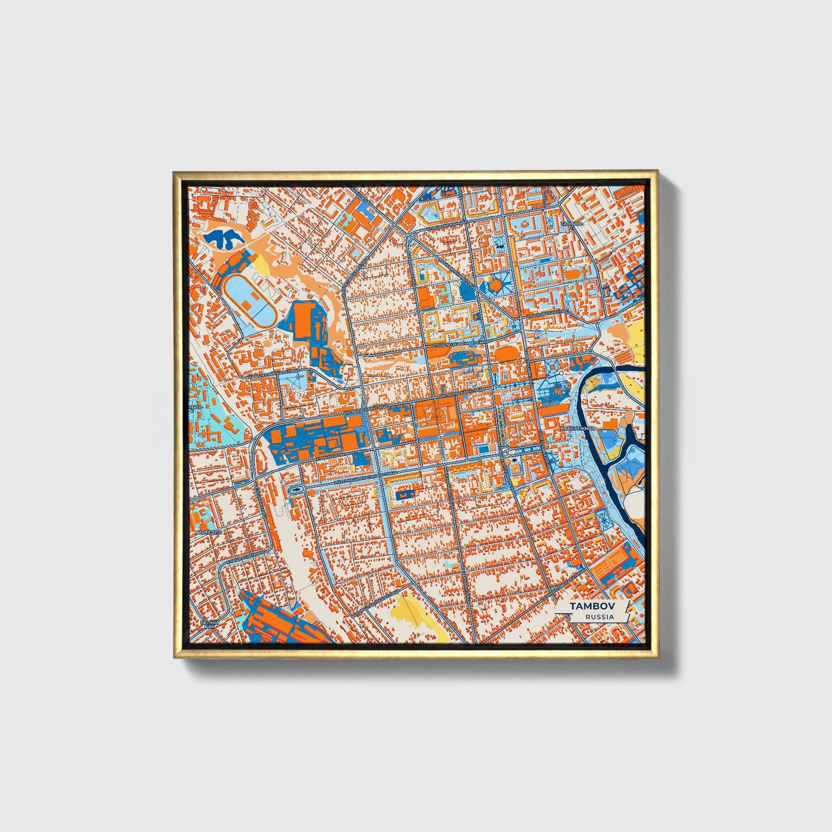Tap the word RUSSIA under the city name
pyautogui.click(x=599, y=617)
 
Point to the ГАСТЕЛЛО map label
pyautogui.click(x=208, y=533)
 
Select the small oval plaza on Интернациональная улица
pyautogui.click(x=297, y=489)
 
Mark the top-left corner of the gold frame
pyautogui.click(x=174, y=172)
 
